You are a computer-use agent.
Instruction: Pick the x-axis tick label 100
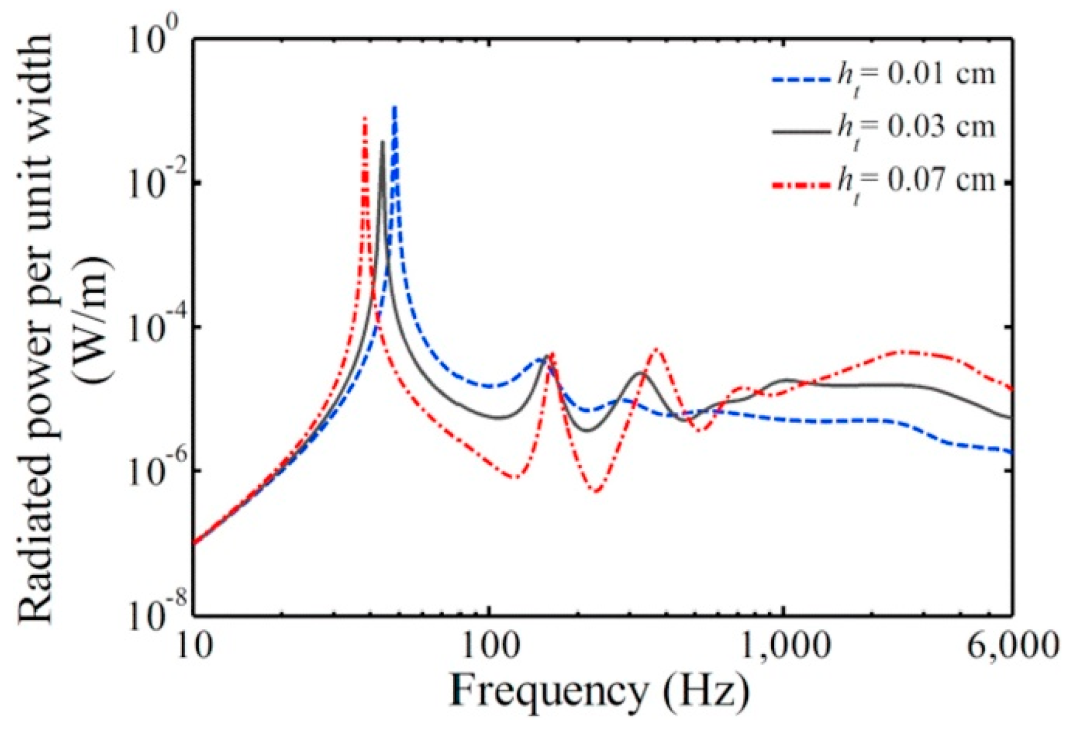[489, 645]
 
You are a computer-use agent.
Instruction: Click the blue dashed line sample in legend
[800, 78]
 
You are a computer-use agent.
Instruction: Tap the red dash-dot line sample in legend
[800, 182]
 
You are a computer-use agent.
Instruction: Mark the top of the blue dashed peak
[395, 107]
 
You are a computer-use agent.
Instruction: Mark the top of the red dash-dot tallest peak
[365, 118]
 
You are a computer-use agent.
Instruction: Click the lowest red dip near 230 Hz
[597, 491]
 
